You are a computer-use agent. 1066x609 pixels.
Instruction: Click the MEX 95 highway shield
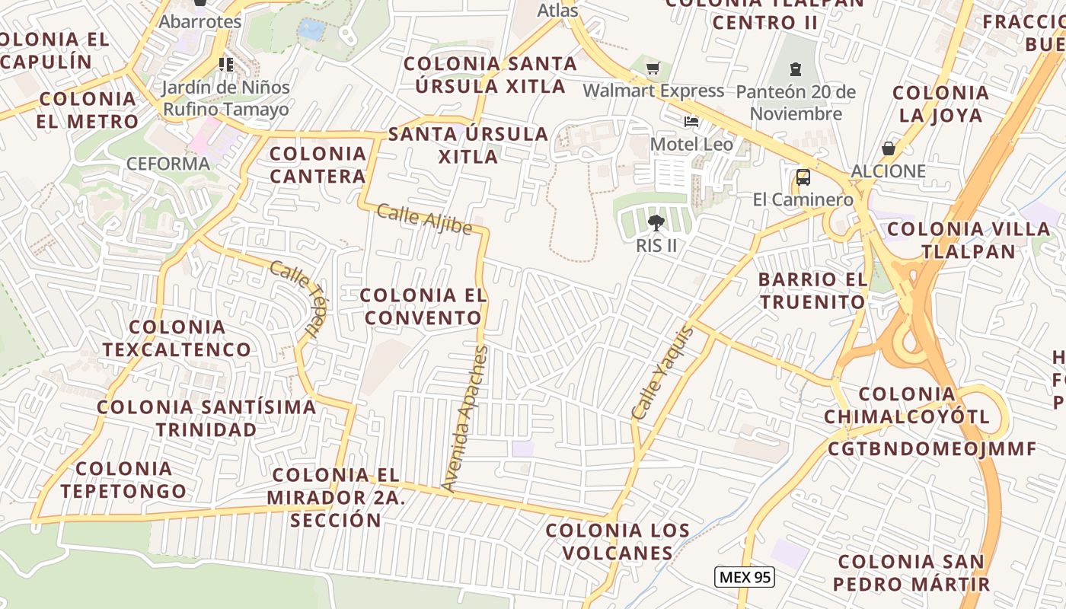745,577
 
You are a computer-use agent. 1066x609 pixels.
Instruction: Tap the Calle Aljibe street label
424,220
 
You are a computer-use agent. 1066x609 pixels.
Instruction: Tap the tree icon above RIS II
656,223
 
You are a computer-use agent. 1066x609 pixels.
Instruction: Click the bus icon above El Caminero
803,178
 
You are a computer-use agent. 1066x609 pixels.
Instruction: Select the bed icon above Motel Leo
691,122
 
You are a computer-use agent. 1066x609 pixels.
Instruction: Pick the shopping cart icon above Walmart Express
653,69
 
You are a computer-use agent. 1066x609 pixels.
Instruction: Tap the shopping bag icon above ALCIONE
888,148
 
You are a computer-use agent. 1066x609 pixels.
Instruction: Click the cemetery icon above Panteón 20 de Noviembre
796,69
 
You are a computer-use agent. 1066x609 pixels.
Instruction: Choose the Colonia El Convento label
423,306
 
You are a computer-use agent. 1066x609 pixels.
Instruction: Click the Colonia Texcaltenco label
177,338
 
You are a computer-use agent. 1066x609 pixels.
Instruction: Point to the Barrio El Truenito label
812,291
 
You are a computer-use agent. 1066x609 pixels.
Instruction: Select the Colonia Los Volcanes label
618,541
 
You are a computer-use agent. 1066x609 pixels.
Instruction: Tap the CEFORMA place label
168,164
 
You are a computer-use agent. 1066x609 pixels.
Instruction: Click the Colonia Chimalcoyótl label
906,405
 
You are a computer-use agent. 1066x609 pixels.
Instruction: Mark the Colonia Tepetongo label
123,480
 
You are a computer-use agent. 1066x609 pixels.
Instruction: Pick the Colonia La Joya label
940,104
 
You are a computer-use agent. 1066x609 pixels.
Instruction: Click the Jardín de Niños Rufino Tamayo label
226,98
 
